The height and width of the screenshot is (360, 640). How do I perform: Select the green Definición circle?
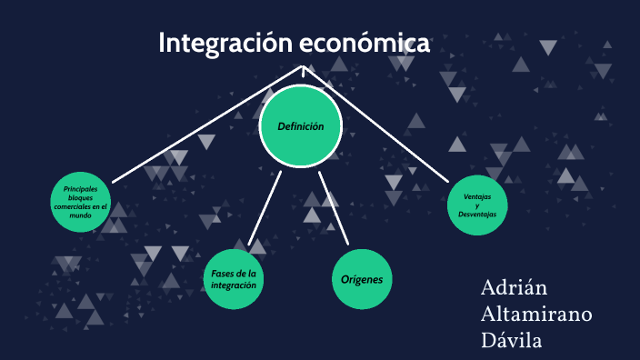point(301,127)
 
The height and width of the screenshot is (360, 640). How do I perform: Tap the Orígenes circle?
point(362,280)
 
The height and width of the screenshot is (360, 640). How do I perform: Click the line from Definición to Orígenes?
point(335,208)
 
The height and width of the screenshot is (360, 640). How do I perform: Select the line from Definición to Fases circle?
point(264,208)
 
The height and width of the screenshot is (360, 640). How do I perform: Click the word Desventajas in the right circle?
point(478,215)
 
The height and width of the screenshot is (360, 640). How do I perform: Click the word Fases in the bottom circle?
point(223,274)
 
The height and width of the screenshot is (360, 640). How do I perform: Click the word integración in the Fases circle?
point(234,285)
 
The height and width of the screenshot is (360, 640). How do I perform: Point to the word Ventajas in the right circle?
point(478,197)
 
